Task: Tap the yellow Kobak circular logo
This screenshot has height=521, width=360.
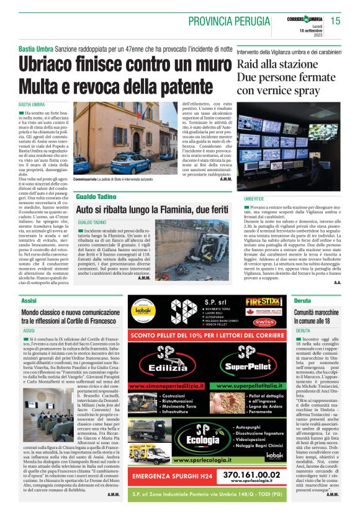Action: coord(143,307)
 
